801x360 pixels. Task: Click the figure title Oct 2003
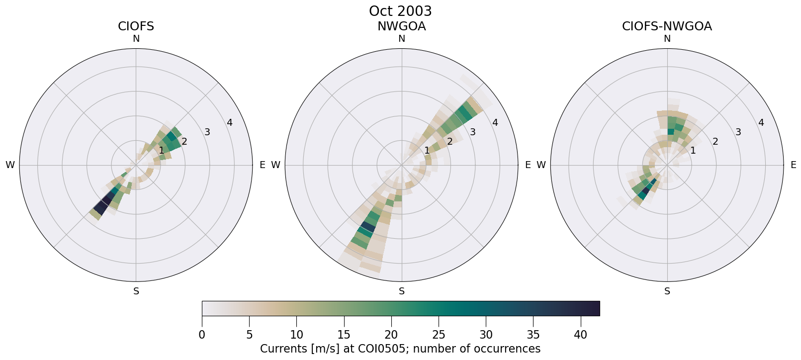coord(400,11)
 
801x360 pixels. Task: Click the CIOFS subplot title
coord(136,26)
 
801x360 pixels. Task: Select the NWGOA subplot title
coord(401,26)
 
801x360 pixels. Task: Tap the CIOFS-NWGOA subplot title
coord(667,26)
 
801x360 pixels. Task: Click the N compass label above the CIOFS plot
coord(136,39)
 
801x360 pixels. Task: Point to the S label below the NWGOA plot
coord(402,291)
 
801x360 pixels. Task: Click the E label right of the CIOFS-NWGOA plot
coord(793,165)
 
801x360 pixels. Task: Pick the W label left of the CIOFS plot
coord(10,165)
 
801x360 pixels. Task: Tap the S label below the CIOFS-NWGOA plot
coord(667,291)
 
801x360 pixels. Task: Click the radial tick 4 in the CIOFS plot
coord(229,122)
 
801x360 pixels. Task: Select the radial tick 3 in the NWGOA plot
coord(472,132)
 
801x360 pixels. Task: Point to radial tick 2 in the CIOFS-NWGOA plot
coord(715,141)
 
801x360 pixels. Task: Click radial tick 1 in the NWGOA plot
coord(427,151)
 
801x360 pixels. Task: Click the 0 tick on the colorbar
coord(202,335)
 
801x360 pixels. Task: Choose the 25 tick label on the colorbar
coord(439,335)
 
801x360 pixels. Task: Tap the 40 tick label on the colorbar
coord(580,335)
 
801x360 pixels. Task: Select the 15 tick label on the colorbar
coord(344,335)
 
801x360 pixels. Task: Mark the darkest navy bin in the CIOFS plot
coord(100,206)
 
